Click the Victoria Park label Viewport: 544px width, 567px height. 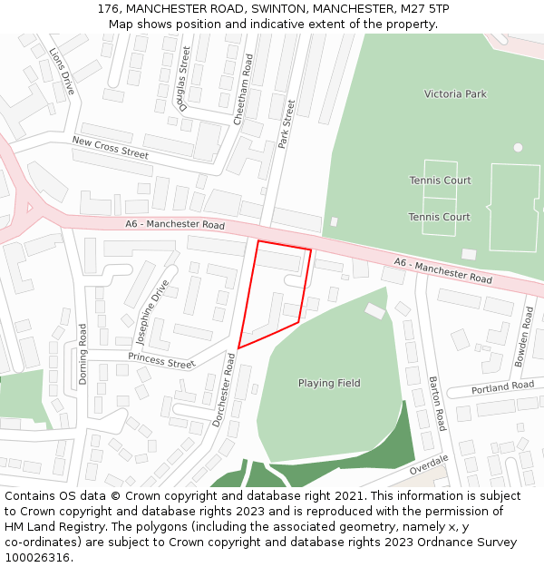click(x=455, y=94)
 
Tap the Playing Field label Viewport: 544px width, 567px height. click(x=329, y=383)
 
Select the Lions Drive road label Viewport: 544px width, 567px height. click(x=62, y=72)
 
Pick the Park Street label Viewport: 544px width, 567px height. click(x=287, y=124)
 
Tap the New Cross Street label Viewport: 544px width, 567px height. click(x=110, y=148)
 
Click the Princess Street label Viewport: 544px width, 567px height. click(x=161, y=360)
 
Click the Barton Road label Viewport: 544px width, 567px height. click(x=438, y=404)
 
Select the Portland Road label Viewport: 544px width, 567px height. click(x=503, y=386)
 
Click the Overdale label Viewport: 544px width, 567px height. click(x=429, y=464)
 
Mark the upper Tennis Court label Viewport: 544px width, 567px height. click(x=440, y=181)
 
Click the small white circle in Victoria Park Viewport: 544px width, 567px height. click(x=518, y=147)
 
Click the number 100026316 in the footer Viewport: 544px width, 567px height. click(x=38, y=557)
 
